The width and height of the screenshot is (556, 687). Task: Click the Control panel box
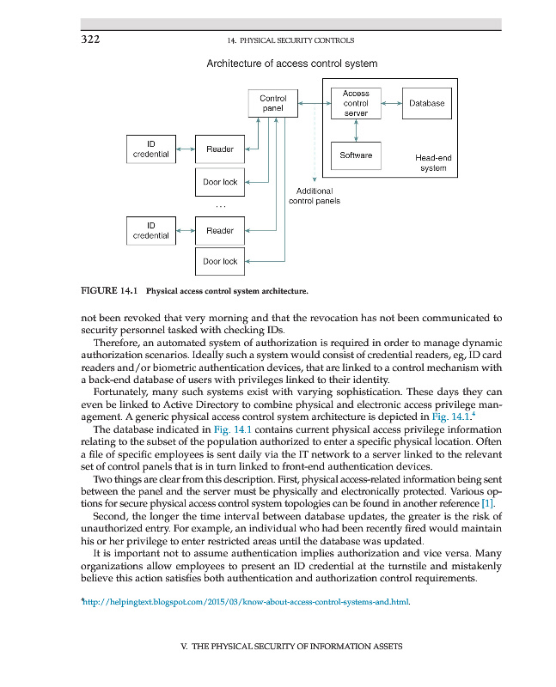click(x=272, y=104)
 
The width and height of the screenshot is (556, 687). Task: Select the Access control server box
click(x=356, y=103)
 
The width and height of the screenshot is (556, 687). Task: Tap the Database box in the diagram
click(x=426, y=103)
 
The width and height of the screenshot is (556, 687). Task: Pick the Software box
click(x=356, y=155)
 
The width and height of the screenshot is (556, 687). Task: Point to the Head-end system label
click(x=432, y=163)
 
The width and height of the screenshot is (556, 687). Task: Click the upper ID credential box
click(x=150, y=149)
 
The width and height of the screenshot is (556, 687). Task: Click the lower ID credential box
click(x=150, y=230)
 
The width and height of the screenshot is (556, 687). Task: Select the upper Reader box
click(x=220, y=149)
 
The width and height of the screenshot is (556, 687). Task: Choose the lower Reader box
click(x=220, y=230)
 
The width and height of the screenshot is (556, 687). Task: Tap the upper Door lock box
click(x=220, y=182)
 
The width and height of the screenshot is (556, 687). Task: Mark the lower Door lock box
click(x=220, y=261)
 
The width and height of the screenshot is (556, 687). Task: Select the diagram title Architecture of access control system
click(x=291, y=64)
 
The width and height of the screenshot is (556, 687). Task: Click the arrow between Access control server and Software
click(x=356, y=130)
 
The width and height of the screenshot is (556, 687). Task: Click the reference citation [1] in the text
click(x=488, y=502)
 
